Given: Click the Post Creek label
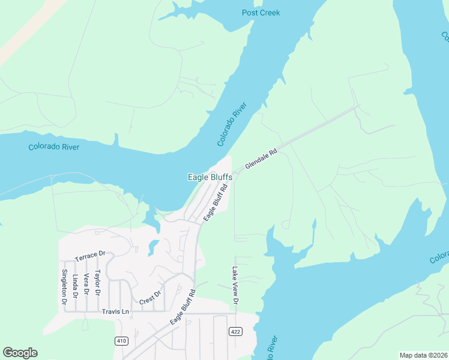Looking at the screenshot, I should pos(261,13).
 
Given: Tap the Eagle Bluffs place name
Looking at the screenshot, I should pos(209,177).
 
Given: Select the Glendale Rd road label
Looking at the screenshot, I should pos(261,159).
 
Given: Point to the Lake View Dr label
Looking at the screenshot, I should pos(235,286).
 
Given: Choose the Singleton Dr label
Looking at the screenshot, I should pos(64,286).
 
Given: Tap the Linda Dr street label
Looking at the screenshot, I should pos(76,286).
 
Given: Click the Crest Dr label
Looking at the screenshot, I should pos(151,298).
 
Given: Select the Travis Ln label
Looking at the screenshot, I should pos(115,311).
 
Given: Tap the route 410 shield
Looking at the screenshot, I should pos(122,341).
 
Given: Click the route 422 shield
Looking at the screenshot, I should pos(235,331).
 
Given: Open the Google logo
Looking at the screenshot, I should pos(20,353).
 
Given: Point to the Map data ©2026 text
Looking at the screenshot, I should pos(423,355).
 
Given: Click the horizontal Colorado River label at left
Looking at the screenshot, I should pos(54,147).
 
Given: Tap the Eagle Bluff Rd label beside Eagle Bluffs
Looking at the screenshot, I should pos(215,203).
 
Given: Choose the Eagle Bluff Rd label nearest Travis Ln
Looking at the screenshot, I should pos(183,307).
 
